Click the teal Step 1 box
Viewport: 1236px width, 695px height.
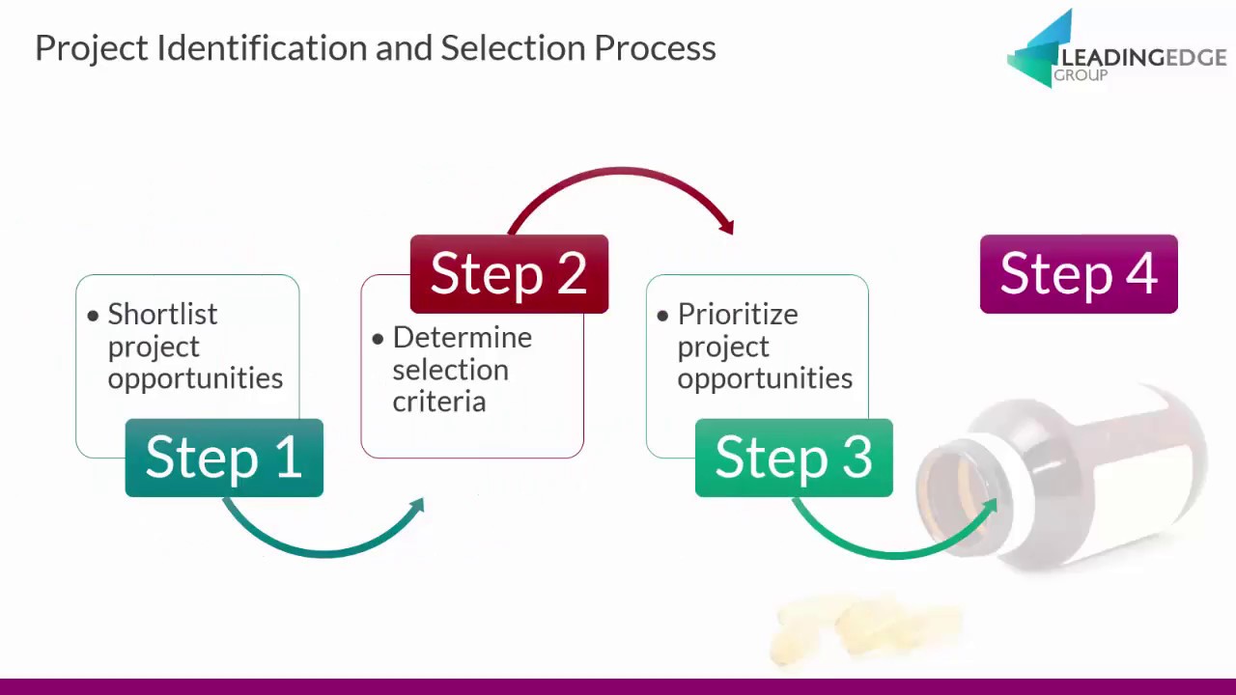[224, 458]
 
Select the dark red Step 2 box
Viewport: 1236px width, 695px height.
[509, 274]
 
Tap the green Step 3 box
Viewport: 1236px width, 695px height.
[794, 458]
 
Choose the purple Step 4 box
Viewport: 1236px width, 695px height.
[1079, 274]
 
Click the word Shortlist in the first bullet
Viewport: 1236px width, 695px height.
[162, 315]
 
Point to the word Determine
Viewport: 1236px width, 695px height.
[462, 338]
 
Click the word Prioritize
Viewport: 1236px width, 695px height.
[737, 315]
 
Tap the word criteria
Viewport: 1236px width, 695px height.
[438, 402]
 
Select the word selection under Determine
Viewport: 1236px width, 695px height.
[450, 370]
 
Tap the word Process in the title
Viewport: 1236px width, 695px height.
[654, 48]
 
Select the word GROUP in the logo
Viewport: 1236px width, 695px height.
[1080, 76]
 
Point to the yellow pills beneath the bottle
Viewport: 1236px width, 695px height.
[869, 627]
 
